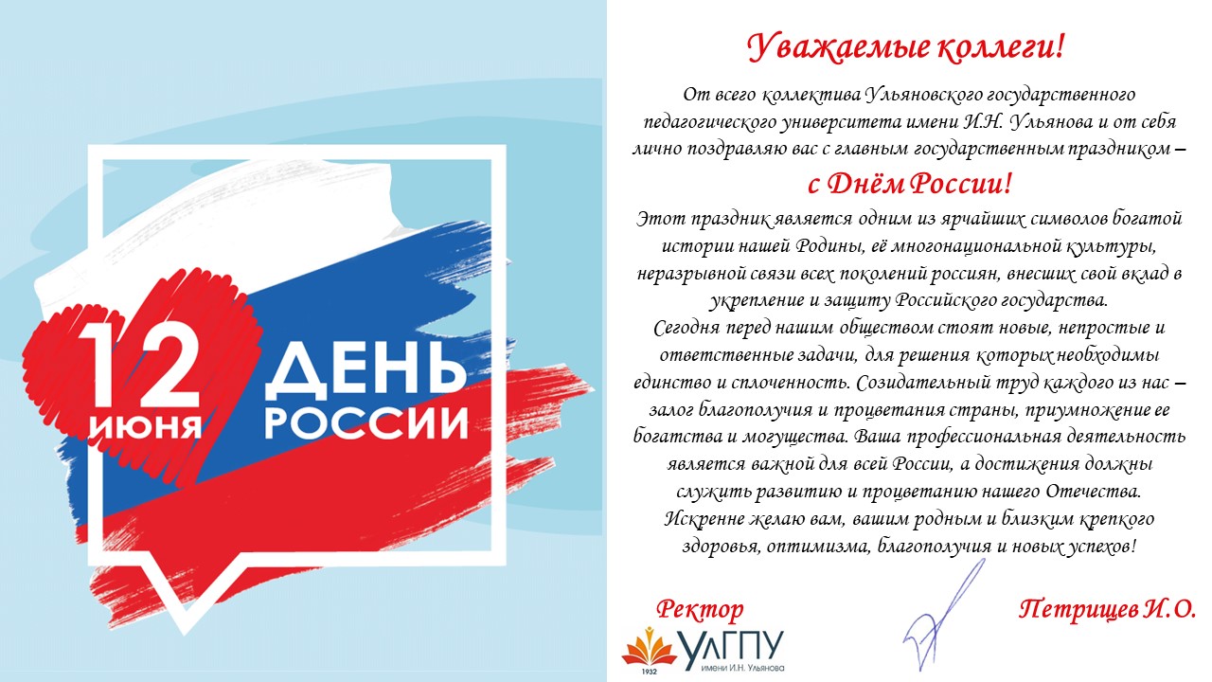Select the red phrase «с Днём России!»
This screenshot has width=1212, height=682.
coord(909,184)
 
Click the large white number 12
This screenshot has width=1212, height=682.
coord(143,364)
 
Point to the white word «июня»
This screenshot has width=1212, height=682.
coord(145,425)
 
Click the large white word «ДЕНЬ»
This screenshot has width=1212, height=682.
coord(365,370)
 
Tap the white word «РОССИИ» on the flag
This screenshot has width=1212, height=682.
coord(366,422)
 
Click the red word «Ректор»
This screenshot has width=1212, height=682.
coord(700,610)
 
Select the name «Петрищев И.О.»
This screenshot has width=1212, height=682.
coord(1108,610)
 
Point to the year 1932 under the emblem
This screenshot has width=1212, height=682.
coord(650,672)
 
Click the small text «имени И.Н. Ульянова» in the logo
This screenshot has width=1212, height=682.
coord(741,668)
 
